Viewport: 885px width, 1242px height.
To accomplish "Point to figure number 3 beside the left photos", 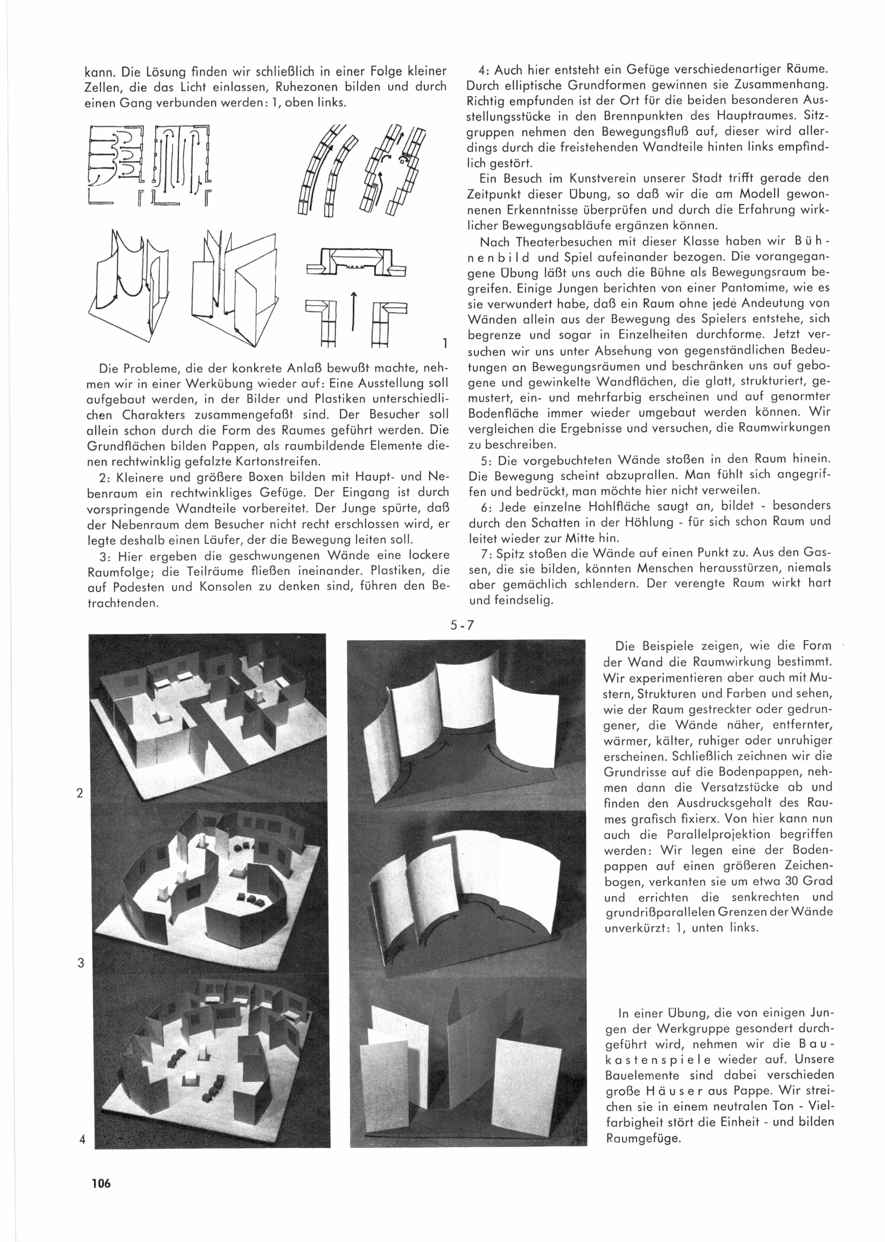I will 81,963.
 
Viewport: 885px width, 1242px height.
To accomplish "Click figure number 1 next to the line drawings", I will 445,344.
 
